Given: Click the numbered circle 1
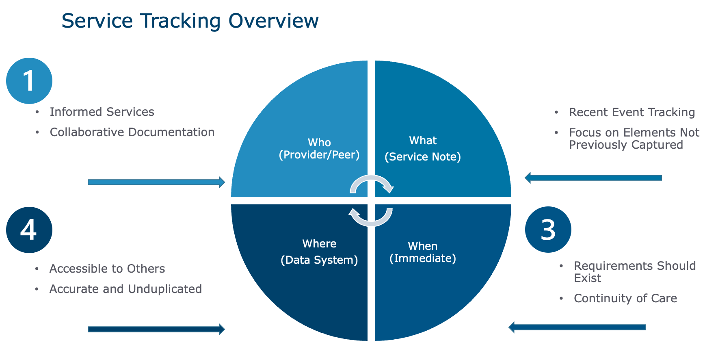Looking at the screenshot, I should (x=29, y=81).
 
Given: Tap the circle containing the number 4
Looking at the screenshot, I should (x=29, y=230).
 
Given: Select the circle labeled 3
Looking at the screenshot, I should (x=548, y=230).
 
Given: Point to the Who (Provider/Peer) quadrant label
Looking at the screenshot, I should (x=319, y=149).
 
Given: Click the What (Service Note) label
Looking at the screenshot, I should (x=423, y=149).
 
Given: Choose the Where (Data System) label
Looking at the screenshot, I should (x=319, y=252).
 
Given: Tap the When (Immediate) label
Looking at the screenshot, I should (x=423, y=252).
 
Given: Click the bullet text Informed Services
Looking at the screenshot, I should (x=102, y=112).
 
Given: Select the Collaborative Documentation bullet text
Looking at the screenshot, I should (x=132, y=132).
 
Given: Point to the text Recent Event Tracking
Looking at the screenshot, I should (x=632, y=112).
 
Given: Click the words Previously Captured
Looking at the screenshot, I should (x=626, y=145).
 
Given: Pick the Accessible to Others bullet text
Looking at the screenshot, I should (x=107, y=269).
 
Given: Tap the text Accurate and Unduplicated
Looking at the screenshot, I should (x=125, y=289).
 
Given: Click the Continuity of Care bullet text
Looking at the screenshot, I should (x=625, y=298).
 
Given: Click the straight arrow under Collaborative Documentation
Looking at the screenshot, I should (x=156, y=182).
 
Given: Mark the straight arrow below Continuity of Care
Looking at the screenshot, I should (x=577, y=327).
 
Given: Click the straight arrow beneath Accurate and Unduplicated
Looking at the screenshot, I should (x=156, y=329).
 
